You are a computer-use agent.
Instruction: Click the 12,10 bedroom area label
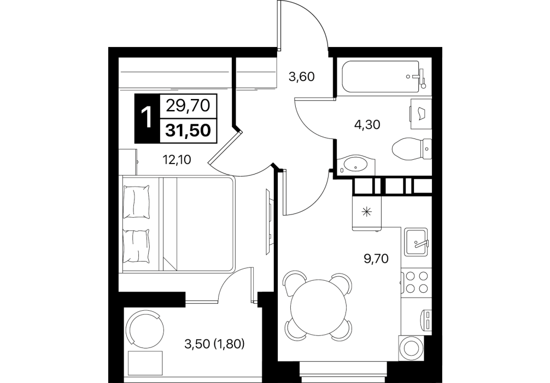coord(177,160)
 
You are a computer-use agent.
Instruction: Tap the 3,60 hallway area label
coord(301,77)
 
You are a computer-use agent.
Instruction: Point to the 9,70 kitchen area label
coord(376,259)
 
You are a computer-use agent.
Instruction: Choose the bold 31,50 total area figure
coord(189,131)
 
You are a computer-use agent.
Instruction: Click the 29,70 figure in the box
coord(188,105)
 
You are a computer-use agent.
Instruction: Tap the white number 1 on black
coord(147,118)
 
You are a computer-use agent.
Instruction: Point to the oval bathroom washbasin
coord(356,165)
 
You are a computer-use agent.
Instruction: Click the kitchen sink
coord(416,242)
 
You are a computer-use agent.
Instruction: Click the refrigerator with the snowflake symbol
coord(367,213)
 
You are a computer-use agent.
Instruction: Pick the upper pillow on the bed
coord(136,201)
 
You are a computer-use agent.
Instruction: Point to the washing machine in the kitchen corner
coord(412,348)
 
